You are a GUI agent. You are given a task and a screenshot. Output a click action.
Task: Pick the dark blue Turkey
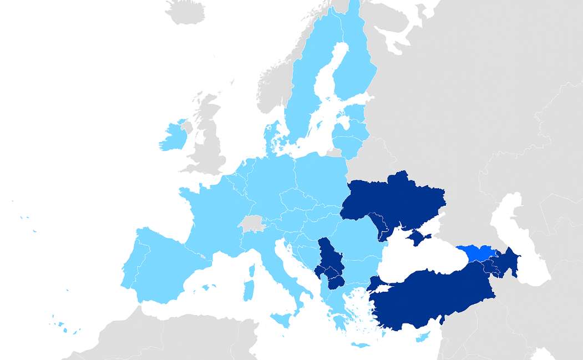(433, 294)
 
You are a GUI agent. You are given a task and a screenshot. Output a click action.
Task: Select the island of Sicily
(282, 320)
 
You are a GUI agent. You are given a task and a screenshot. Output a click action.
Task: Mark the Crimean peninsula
(418, 238)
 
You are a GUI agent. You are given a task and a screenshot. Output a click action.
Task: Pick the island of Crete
(360, 345)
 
